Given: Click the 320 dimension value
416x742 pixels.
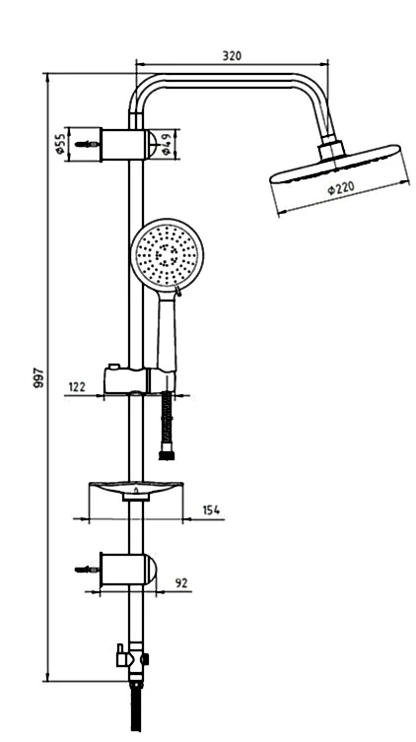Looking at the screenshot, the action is [232, 56].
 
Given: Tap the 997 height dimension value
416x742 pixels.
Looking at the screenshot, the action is [38, 377].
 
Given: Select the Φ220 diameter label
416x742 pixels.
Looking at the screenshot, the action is [341, 188].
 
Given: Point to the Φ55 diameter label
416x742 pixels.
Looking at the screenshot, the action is [59, 144].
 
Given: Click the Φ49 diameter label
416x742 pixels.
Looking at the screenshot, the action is [166, 144].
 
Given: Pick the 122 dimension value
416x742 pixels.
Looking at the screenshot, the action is [77, 386].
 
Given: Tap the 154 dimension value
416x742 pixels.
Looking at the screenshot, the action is [211, 510].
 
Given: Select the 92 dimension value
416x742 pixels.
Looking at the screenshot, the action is [181, 583].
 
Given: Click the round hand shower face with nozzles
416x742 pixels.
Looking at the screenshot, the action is [167, 254].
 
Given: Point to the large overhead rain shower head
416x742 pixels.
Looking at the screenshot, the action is [335, 164].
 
